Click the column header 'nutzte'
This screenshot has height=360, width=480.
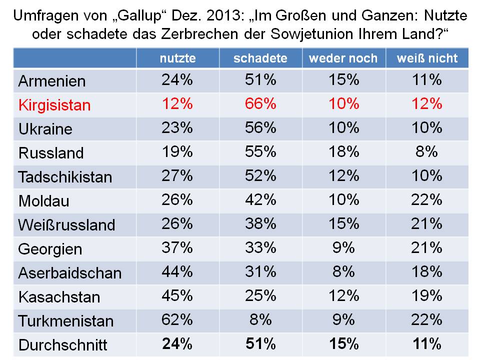coord(177,58)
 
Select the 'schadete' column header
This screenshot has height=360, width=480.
coord(260,58)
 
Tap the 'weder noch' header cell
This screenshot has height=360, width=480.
coord(343,58)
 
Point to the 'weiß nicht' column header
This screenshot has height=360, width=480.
coord(427,58)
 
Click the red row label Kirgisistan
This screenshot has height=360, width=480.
coord(54,105)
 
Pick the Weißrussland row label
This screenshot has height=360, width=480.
coord(66,225)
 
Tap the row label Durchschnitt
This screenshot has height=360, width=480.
coord(62,345)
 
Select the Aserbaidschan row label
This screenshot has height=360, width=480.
coord(70,273)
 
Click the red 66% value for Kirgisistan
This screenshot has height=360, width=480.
coord(260,104)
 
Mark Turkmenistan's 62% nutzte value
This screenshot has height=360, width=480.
coord(177,319)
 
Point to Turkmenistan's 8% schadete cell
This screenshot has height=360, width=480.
coord(260,319)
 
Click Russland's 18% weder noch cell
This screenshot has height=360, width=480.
coord(343,152)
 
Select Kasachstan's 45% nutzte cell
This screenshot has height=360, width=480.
coord(177,295)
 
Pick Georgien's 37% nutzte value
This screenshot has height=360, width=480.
coord(177,247)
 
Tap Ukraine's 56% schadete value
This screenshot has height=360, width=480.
coord(260,128)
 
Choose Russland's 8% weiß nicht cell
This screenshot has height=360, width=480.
coord(427,152)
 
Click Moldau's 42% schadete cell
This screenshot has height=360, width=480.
coord(260,200)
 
